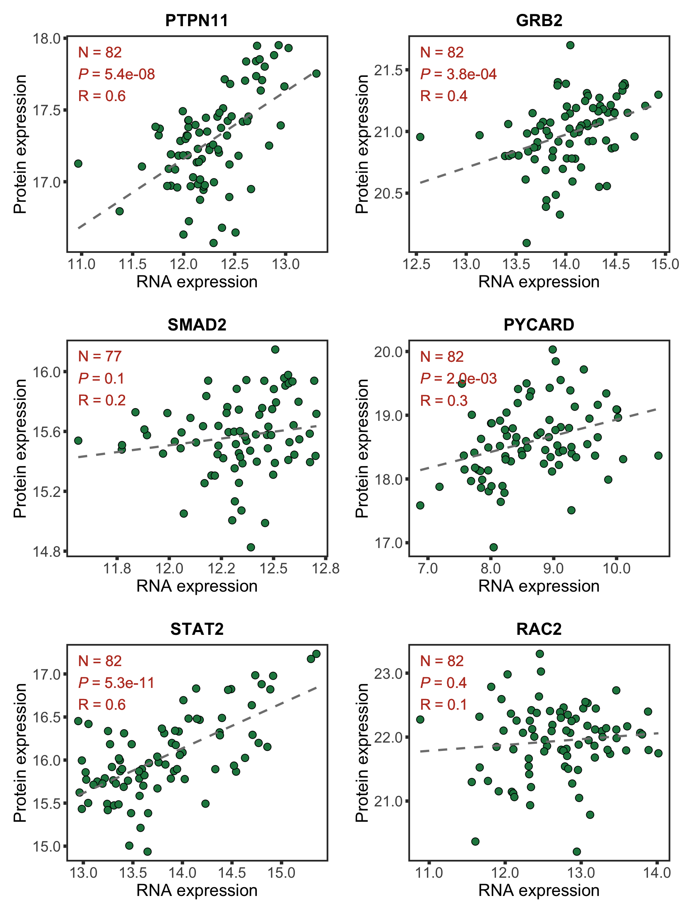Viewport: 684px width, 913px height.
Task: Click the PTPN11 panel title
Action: click(x=197, y=20)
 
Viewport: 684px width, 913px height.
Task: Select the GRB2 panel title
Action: click(x=539, y=20)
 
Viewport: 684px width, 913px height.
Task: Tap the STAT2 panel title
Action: click(x=197, y=629)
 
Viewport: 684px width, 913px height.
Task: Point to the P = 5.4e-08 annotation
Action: click(x=117, y=74)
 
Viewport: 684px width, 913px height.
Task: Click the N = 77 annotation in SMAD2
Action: click(x=100, y=357)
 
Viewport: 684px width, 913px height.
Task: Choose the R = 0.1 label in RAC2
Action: click(x=443, y=705)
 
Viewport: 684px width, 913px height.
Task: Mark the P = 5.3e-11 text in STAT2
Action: click(x=116, y=683)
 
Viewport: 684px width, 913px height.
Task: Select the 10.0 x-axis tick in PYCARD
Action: click(x=616, y=569)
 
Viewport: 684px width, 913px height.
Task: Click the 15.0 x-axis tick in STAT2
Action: click(x=281, y=873)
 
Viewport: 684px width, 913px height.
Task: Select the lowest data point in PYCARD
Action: click(x=494, y=547)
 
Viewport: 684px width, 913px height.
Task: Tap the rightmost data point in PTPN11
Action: click(x=316, y=73)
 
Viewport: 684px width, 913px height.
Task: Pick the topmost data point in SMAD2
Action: click(x=275, y=350)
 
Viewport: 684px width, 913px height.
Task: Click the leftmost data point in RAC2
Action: click(x=420, y=719)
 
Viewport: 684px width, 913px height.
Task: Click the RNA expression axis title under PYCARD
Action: click(x=539, y=586)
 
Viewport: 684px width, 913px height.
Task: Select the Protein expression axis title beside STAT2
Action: click(x=20, y=753)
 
